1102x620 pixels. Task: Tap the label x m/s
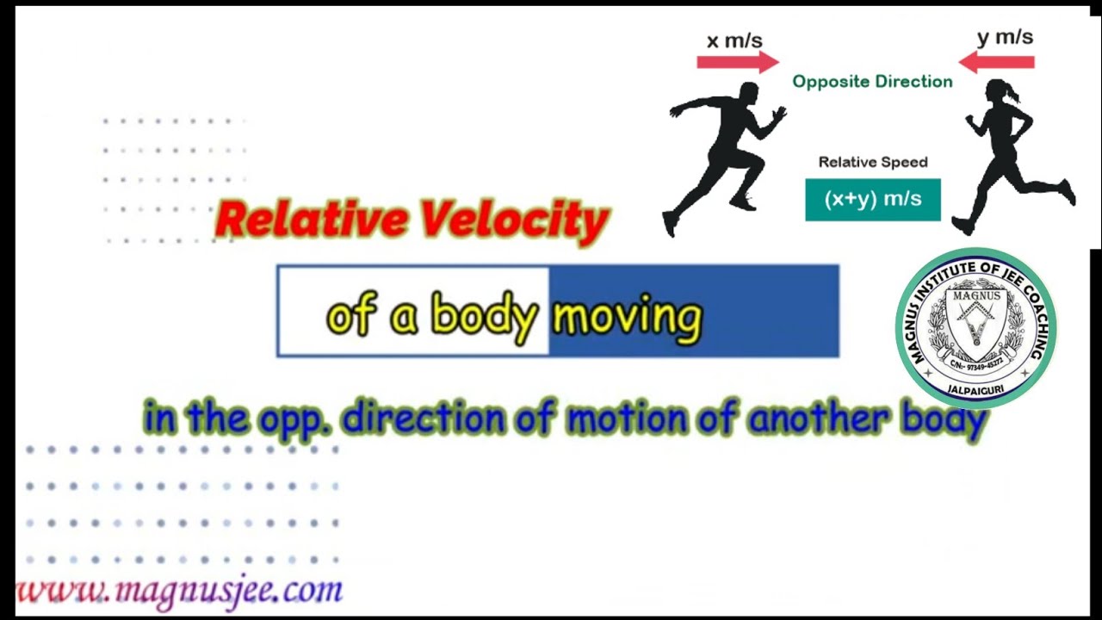[x=734, y=40]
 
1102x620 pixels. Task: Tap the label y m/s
[x=1005, y=38]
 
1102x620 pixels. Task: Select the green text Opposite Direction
[x=872, y=82]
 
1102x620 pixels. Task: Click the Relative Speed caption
[x=872, y=162]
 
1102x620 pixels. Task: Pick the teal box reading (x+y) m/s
[x=872, y=200]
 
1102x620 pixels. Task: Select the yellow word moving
[x=627, y=317]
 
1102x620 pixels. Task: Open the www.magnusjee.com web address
[x=179, y=590]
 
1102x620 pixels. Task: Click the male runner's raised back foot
[x=670, y=224]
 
